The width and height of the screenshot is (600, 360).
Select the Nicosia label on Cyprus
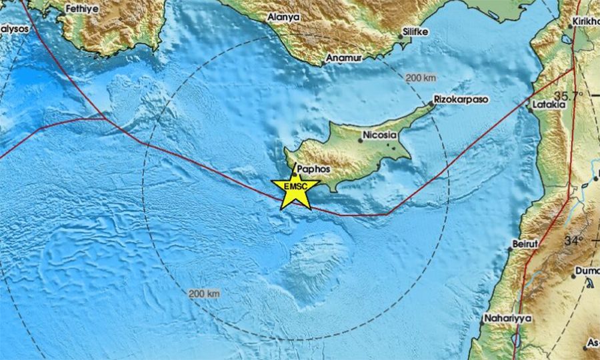click(x=379, y=136)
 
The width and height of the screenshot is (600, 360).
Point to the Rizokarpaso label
click(x=461, y=99)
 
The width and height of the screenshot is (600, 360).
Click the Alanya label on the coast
click(x=283, y=17)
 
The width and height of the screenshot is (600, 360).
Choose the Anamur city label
click(x=343, y=59)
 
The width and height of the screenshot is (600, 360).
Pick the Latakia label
click(x=549, y=105)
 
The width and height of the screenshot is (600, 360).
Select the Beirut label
click(x=523, y=244)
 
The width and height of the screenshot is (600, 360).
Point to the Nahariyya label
click(x=509, y=319)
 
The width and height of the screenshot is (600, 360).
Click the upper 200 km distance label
click(x=421, y=78)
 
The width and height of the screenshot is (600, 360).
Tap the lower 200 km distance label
click(x=204, y=293)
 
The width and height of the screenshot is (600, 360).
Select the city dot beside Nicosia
click(x=361, y=140)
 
